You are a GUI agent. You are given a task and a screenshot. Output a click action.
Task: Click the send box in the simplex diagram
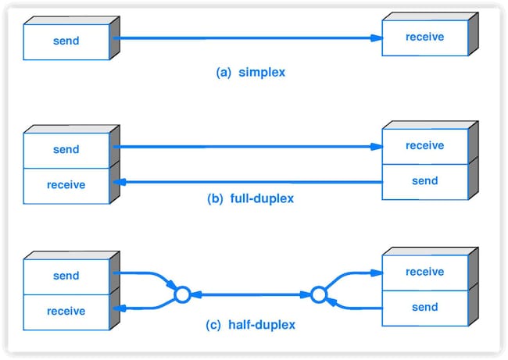pyautogui.click(x=66, y=41)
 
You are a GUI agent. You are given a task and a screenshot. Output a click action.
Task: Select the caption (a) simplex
pyautogui.click(x=250, y=72)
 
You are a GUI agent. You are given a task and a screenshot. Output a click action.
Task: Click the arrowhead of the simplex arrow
pyautogui.click(x=377, y=38)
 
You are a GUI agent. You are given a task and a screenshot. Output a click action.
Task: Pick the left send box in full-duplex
pyautogui.click(x=66, y=150)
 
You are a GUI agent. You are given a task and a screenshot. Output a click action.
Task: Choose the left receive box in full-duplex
pyautogui.click(x=66, y=186)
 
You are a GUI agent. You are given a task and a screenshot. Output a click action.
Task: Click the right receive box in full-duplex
pyautogui.click(x=425, y=146)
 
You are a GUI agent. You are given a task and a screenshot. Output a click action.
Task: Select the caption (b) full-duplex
pyautogui.click(x=250, y=198)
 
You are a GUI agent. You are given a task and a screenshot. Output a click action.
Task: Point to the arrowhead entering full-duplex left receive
pyautogui.click(x=120, y=182)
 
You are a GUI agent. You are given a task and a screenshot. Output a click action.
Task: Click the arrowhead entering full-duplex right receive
pyautogui.click(x=377, y=147)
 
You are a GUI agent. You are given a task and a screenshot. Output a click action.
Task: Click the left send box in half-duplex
pyautogui.click(x=66, y=276)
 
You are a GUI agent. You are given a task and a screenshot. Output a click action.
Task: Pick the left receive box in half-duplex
pyautogui.click(x=66, y=312)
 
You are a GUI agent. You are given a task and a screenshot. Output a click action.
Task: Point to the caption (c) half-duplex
pyautogui.click(x=250, y=325)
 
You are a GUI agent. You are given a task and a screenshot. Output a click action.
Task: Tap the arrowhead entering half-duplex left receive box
pyautogui.click(x=120, y=308)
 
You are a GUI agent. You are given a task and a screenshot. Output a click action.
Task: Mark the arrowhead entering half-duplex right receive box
pyautogui.click(x=377, y=273)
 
